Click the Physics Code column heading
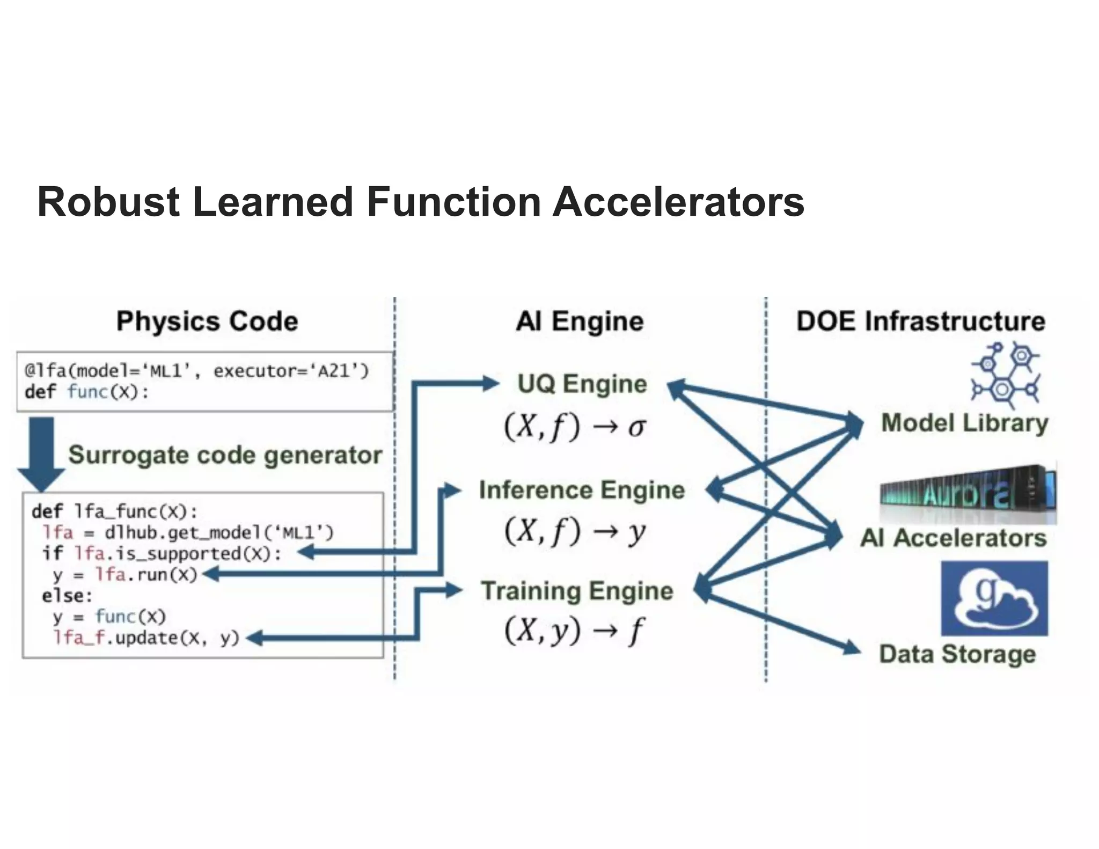pos(207,321)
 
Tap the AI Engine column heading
pos(580,321)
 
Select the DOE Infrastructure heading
pos(921,321)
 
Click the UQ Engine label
pos(582,384)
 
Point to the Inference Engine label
pos(582,490)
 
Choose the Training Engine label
pos(577,591)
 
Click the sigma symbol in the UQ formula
pos(636,428)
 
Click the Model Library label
pos(964,423)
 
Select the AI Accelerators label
pos(954,538)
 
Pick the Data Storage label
pos(957,654)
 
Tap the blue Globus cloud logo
pos(994,598)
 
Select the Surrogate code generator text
pos(225,455)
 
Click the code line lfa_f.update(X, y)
pos(146,638)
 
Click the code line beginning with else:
pos(67,596)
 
